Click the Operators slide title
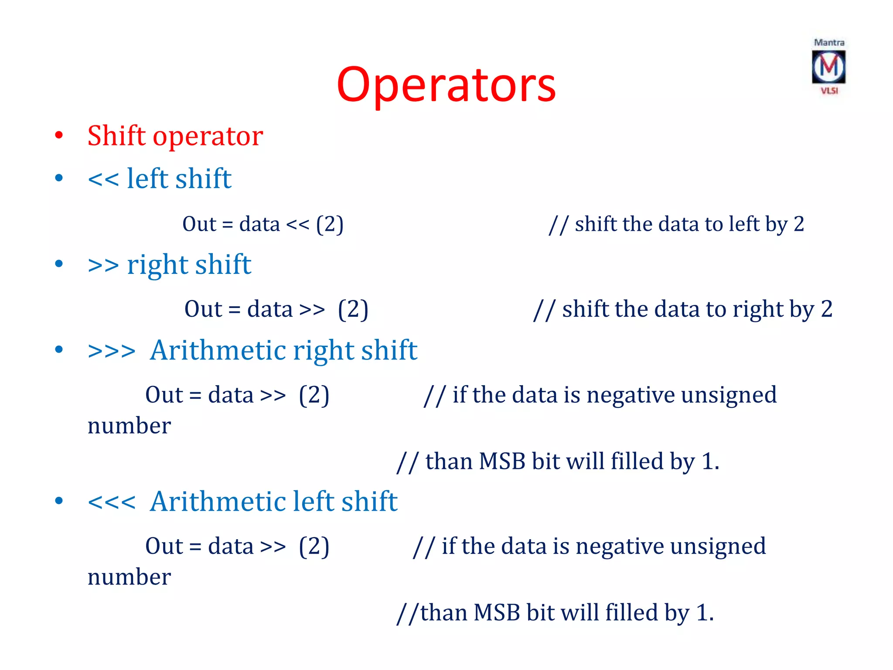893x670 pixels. pos(446,85)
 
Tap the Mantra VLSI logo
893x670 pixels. pos(828,67)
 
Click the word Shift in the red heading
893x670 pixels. pos(116,136)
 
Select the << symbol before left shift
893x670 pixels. pos(103,179)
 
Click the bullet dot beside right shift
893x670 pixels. pos(59,263)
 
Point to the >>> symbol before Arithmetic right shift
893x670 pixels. pos(112,351)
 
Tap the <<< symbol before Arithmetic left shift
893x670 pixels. pos(112,502)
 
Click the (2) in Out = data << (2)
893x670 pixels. pos(330,225)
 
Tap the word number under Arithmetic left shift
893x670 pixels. pos(129,578)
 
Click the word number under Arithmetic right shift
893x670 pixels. pos(129,426)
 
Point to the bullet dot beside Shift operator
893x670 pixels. pos(59,135)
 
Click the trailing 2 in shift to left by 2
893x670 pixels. pos(799,224)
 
